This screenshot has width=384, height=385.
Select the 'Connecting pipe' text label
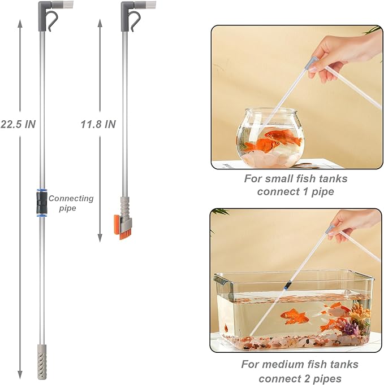tap(71, 203)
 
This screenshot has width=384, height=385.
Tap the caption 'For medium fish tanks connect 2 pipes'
tap(299, 371)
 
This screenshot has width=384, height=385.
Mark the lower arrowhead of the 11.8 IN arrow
tap(100, 237)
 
